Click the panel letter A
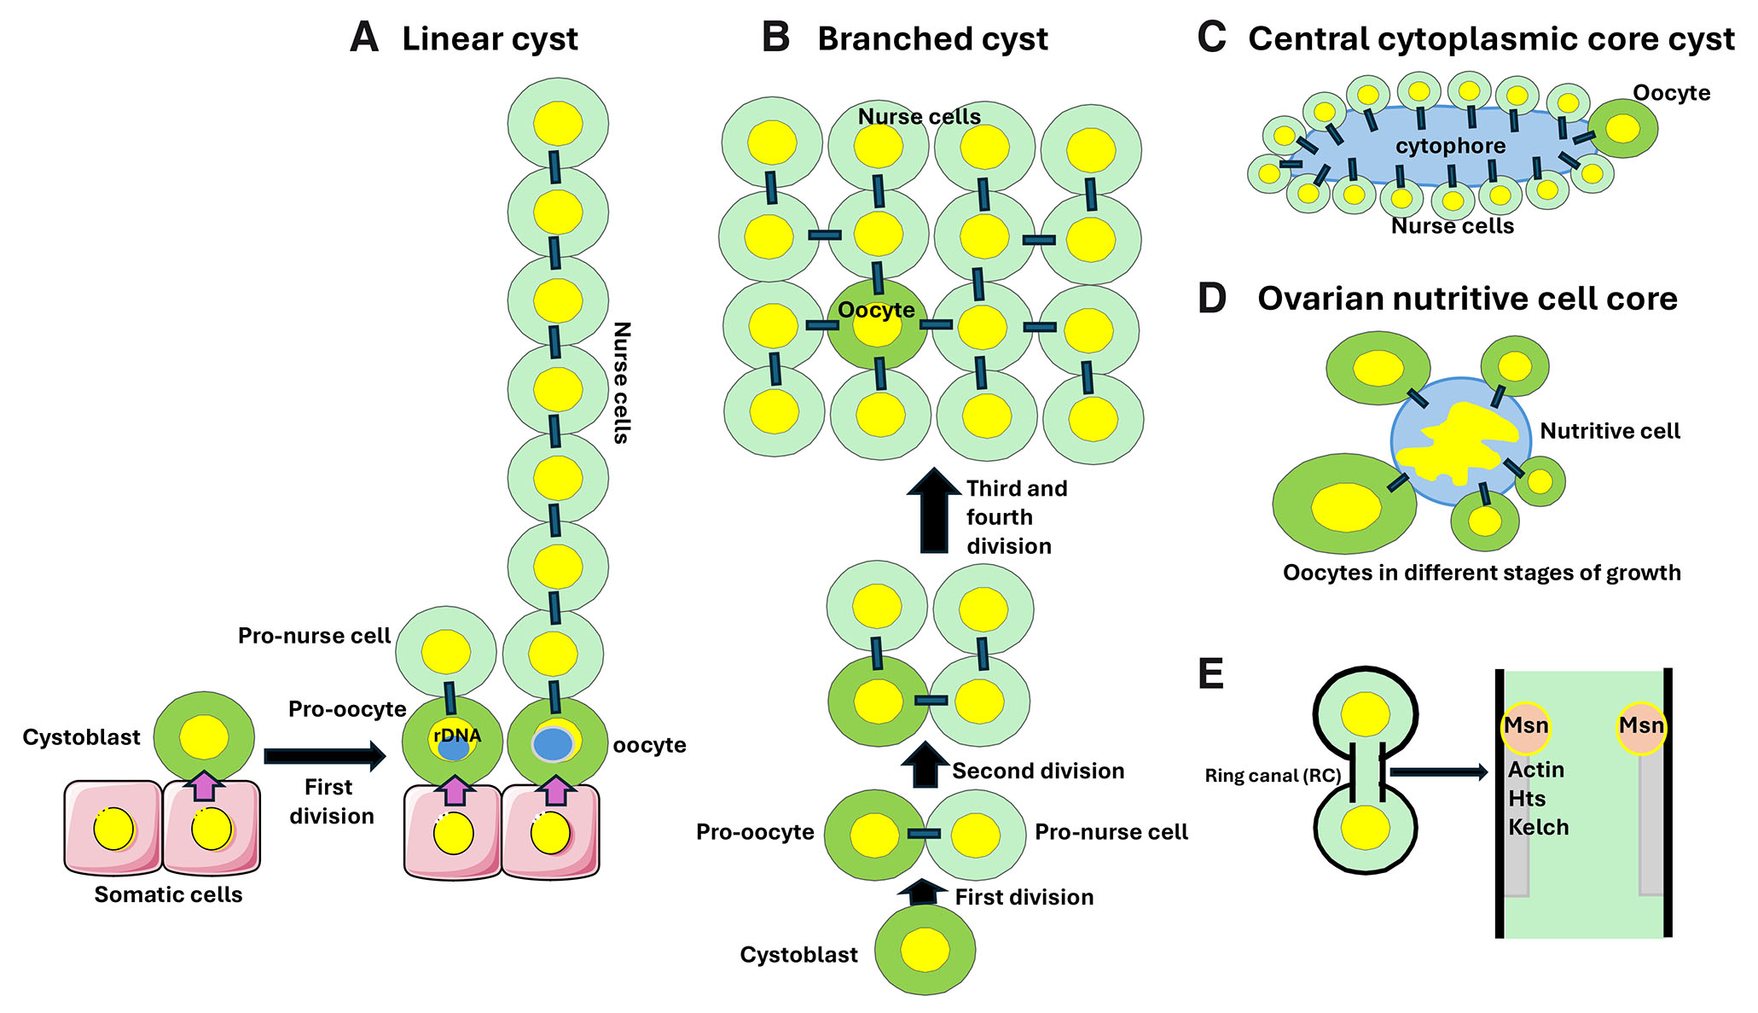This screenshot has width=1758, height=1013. (364, 38)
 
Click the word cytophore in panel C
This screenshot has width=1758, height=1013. (1450, 146)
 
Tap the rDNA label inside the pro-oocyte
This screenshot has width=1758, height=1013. (456, 736)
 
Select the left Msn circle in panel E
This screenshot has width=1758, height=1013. (1526, 727)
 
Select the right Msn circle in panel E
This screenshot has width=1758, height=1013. (1641, 727)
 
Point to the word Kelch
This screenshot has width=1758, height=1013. (1538, 827)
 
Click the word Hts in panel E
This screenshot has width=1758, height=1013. (1527, 799)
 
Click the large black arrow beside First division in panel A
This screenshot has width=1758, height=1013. (324, 755)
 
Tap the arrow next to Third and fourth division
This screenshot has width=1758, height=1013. (934, 509)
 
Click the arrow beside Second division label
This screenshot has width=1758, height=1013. (925, 765)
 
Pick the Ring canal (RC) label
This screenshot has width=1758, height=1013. (1273, 776)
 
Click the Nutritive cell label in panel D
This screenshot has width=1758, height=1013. (1610, 432)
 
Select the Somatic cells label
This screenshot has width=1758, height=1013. (168, 895)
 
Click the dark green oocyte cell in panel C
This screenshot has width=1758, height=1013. (1622, 128)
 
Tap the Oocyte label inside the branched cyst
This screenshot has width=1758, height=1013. (876, 311)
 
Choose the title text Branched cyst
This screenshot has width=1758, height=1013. (932, 39)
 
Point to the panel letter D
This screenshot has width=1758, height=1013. (1212, 299)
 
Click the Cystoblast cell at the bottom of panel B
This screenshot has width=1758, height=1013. (925, 950)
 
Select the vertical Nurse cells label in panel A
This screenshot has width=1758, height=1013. (622, 382)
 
